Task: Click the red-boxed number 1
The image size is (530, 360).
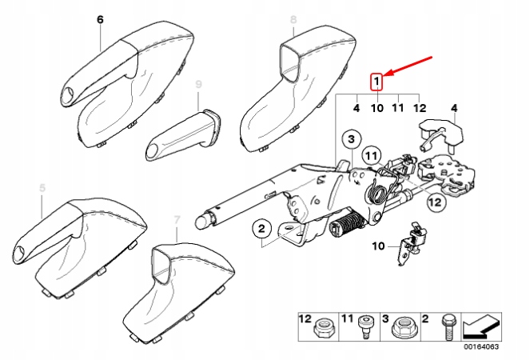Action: tap(377, 81)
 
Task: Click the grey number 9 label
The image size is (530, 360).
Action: tap(198, 84)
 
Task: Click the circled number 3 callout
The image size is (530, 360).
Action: tap(349, 141)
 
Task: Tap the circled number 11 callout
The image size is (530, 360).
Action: tap(371, 154)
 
